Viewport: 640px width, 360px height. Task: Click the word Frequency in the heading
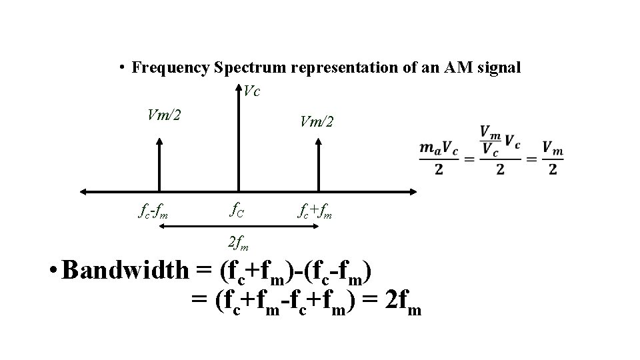(171, 67)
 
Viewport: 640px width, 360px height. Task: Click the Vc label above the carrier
(251, 91)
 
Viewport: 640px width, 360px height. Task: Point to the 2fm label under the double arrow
(237, 242)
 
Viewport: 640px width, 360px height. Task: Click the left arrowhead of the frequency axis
(84, 192)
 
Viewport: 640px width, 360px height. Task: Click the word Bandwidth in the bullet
(127, 271)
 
